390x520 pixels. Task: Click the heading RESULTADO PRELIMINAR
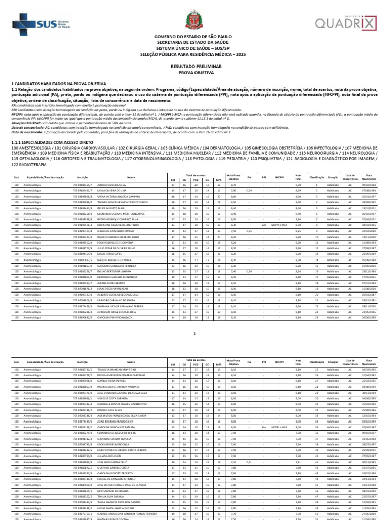click(195, 67)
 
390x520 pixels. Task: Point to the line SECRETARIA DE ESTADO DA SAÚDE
click(195, 43)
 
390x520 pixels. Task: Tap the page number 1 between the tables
click(195, 333)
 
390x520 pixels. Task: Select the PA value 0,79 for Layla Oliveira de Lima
click(249, 190)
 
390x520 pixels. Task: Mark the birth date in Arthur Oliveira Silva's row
click(369, 185)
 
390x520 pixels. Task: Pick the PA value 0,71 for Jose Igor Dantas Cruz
click(249, 462)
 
